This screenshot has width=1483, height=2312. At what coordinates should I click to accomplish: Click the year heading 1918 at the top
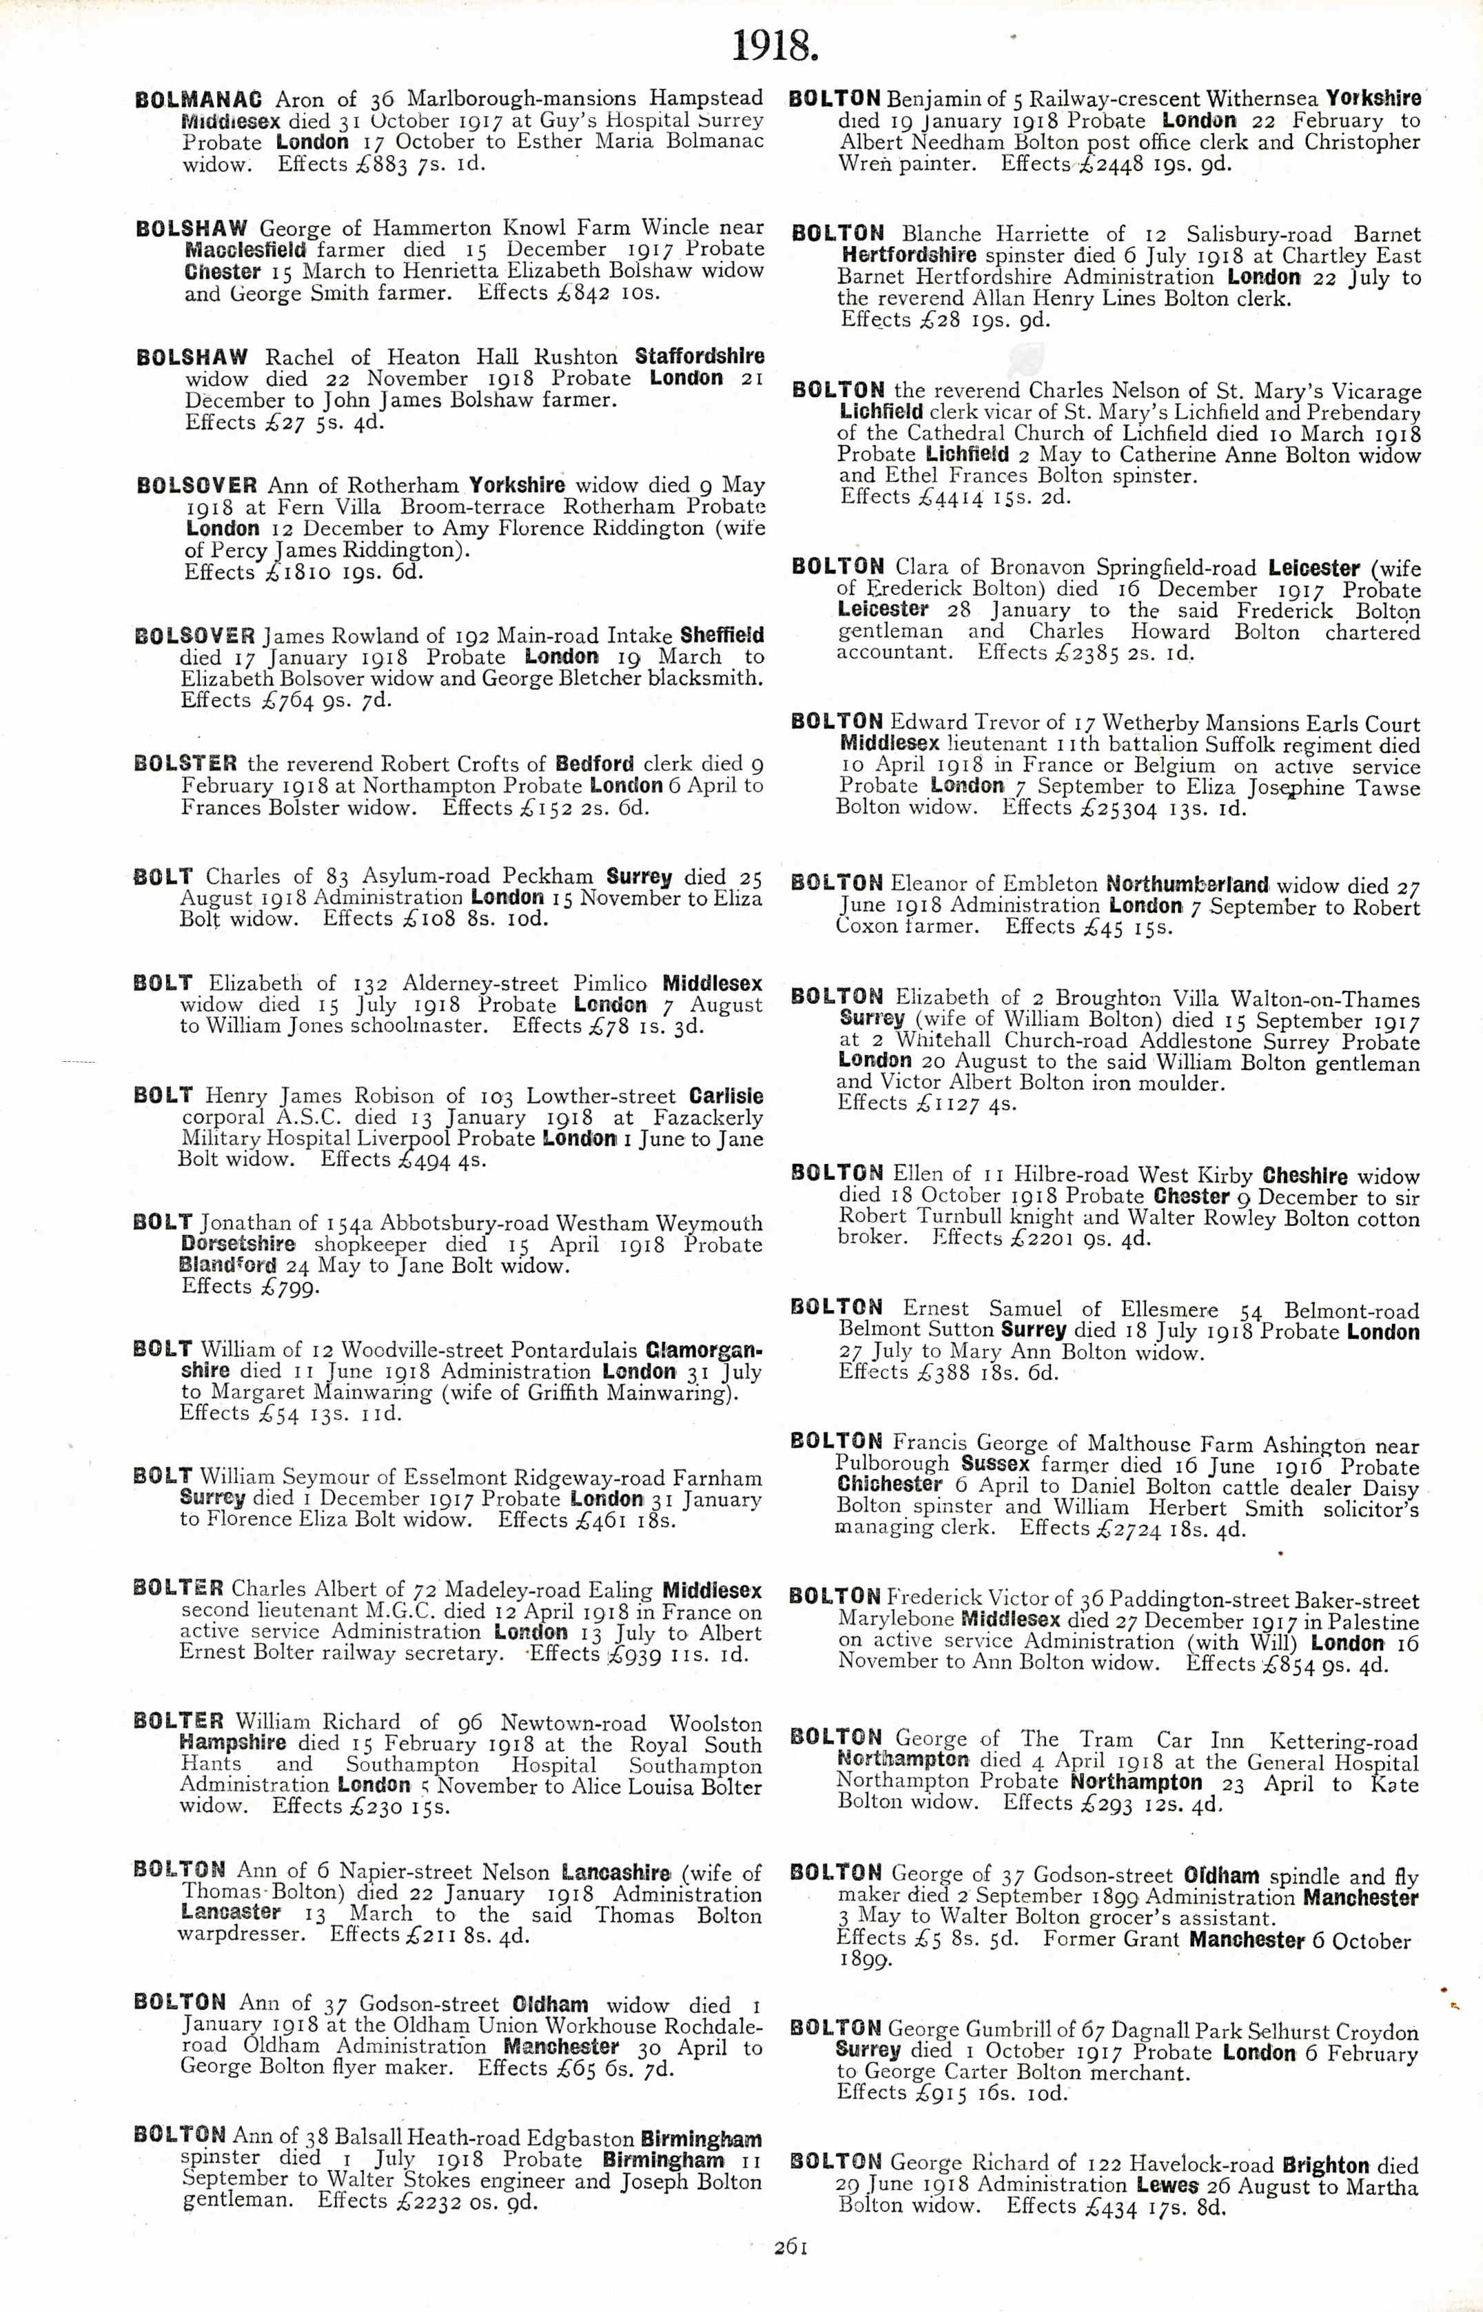pos(775,46)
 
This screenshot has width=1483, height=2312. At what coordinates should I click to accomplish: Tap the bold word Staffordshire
pos(699,356)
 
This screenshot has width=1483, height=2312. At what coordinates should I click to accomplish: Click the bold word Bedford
pos(595,763)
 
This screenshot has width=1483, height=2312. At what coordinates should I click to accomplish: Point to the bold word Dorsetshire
pos(238,1243)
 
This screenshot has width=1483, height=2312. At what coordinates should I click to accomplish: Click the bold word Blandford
pos(228,1265)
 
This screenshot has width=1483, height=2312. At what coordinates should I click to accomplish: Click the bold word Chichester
pos(889,1484)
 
